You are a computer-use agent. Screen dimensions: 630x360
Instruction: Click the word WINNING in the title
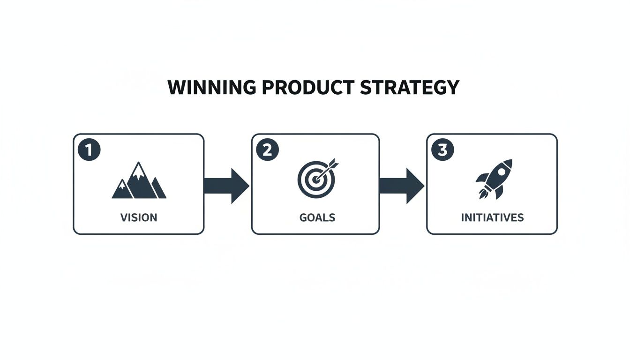tap(212, 87)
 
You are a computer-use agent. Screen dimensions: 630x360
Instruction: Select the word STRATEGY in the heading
tap(410, 88)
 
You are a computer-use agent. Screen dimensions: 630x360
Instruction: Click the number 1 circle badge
tap(89, 150)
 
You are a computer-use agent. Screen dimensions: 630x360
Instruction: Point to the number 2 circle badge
tap(268, 150)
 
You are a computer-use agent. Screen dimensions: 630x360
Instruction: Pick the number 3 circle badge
tap(442, 150)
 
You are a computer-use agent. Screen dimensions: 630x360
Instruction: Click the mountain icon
tap(139, 180)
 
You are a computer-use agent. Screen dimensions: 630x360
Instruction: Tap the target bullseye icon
tap(318, 178)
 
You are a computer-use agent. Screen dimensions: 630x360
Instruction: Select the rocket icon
tap(494, 180)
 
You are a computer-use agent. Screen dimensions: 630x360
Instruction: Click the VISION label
tap(139, 217)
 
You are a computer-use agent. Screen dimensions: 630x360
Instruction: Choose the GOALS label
tap(317, 217)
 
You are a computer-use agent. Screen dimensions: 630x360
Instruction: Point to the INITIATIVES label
tap(493, 217)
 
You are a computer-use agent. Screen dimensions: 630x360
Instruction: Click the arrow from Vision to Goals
tap(226, 186)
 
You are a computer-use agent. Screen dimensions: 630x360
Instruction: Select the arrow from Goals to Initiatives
tap(402, 186)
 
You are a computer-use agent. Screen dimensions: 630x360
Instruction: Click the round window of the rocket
tap(501, 171)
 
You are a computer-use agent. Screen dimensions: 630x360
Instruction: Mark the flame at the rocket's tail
tap(483, 194)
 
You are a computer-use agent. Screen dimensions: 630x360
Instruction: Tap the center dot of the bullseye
tap(316, 180)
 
